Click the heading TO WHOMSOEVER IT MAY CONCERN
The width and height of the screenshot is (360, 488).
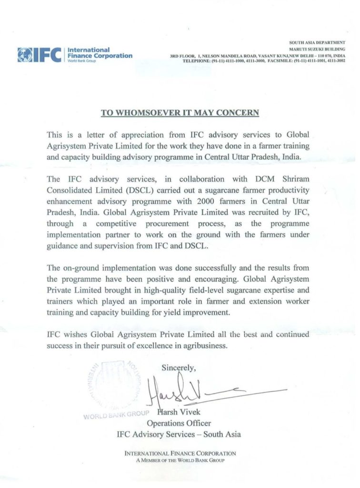[180, 112]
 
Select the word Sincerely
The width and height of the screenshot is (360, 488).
[179, 367]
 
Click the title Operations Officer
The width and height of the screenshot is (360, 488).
[179, 423]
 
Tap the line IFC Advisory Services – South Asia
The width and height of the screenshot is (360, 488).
[179, 434]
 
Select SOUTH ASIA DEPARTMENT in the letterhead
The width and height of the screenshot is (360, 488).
[317, 43]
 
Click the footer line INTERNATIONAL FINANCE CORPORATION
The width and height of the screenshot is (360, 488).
[180, 454]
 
